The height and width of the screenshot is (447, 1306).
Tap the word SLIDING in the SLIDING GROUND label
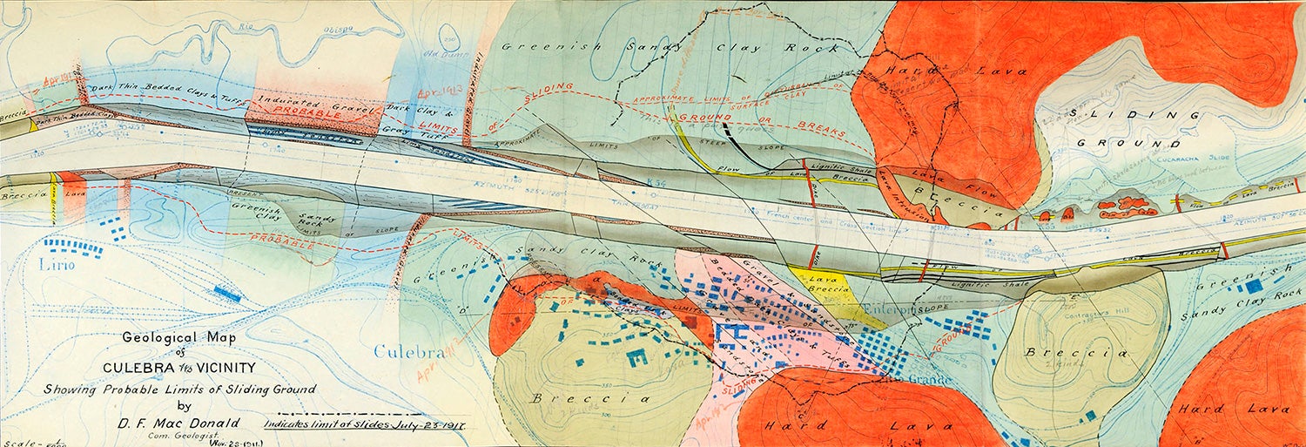coord(1117,114)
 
